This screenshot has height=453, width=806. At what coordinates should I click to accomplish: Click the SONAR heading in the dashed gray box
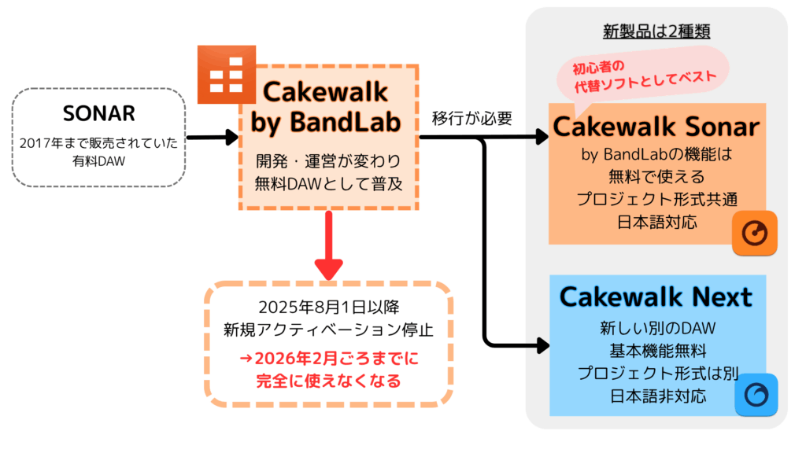coord(98,113)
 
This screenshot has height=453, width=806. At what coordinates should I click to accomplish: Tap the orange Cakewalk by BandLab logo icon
coord(227,75)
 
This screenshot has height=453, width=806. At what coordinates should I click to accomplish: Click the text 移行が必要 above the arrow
coord(472,118)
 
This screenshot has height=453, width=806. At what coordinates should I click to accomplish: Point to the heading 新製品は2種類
coord(656,31)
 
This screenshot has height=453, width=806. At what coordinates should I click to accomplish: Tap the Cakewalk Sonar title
coord(656,127)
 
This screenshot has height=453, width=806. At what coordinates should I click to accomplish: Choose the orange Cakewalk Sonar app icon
coord(755,233)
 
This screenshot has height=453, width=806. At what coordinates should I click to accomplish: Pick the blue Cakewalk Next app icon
coord(756,395)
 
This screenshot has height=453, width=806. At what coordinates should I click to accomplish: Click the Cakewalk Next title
coord(656,296)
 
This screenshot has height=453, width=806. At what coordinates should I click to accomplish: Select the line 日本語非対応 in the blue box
coord(658,396)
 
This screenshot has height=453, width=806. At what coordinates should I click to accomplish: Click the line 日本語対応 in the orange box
coord(657,222)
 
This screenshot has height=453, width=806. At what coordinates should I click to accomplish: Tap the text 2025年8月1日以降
coord(328,308)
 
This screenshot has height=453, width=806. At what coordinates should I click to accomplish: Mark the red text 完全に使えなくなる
coord(328,381)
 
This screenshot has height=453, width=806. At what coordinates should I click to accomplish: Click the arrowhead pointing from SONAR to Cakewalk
coord(232,137)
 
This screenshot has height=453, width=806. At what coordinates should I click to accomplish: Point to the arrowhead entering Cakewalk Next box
coord(543,345)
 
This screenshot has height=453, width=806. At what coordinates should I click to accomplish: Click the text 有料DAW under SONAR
coord(98,161)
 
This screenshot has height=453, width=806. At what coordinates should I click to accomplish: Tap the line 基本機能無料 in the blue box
coord(658,351)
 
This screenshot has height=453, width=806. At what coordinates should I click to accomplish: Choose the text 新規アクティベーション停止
coord(328,330)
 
